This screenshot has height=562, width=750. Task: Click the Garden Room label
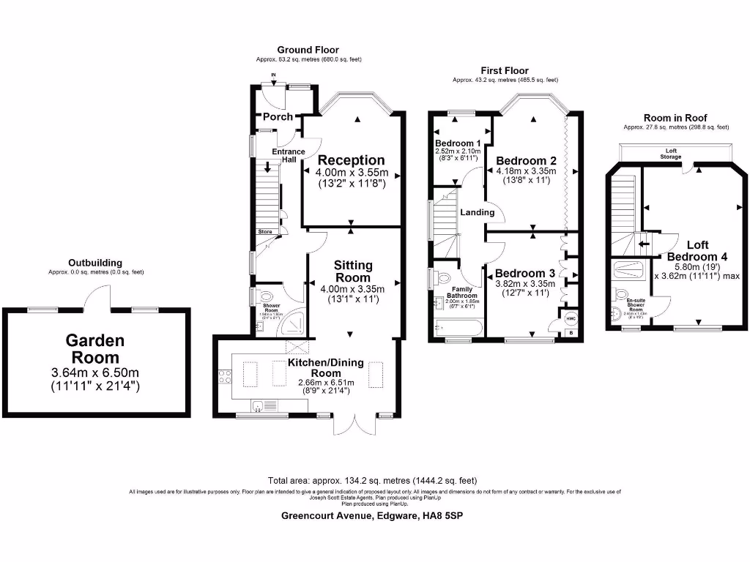95,349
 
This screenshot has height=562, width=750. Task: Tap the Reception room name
351,160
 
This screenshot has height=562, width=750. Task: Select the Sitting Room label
353,271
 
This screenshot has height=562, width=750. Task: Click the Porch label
278,117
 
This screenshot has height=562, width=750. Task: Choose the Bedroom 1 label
458,143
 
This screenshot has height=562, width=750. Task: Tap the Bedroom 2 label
526,160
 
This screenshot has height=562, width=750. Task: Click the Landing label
477,212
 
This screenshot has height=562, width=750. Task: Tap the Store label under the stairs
264,231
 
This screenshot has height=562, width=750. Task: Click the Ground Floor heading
308,50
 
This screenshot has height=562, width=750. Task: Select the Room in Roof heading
675,118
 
